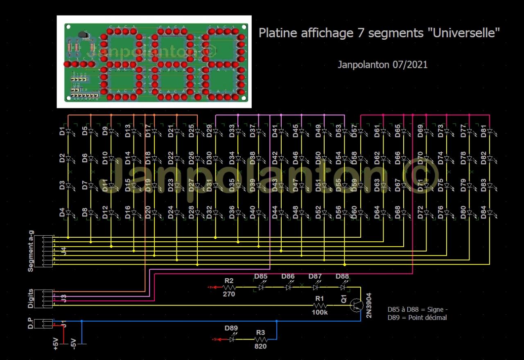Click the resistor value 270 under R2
(x=229, y=294)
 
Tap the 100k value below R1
(x=320, y=313)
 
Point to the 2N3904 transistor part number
(x=368, y=305)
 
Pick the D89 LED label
(x=231, y=328)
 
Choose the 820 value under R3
(x=260, y=346)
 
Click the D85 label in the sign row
(x=261, y=277)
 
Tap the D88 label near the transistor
(x=342, y=277)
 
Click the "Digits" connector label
(x=31, y=299)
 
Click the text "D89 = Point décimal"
(x=417, y=318)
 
